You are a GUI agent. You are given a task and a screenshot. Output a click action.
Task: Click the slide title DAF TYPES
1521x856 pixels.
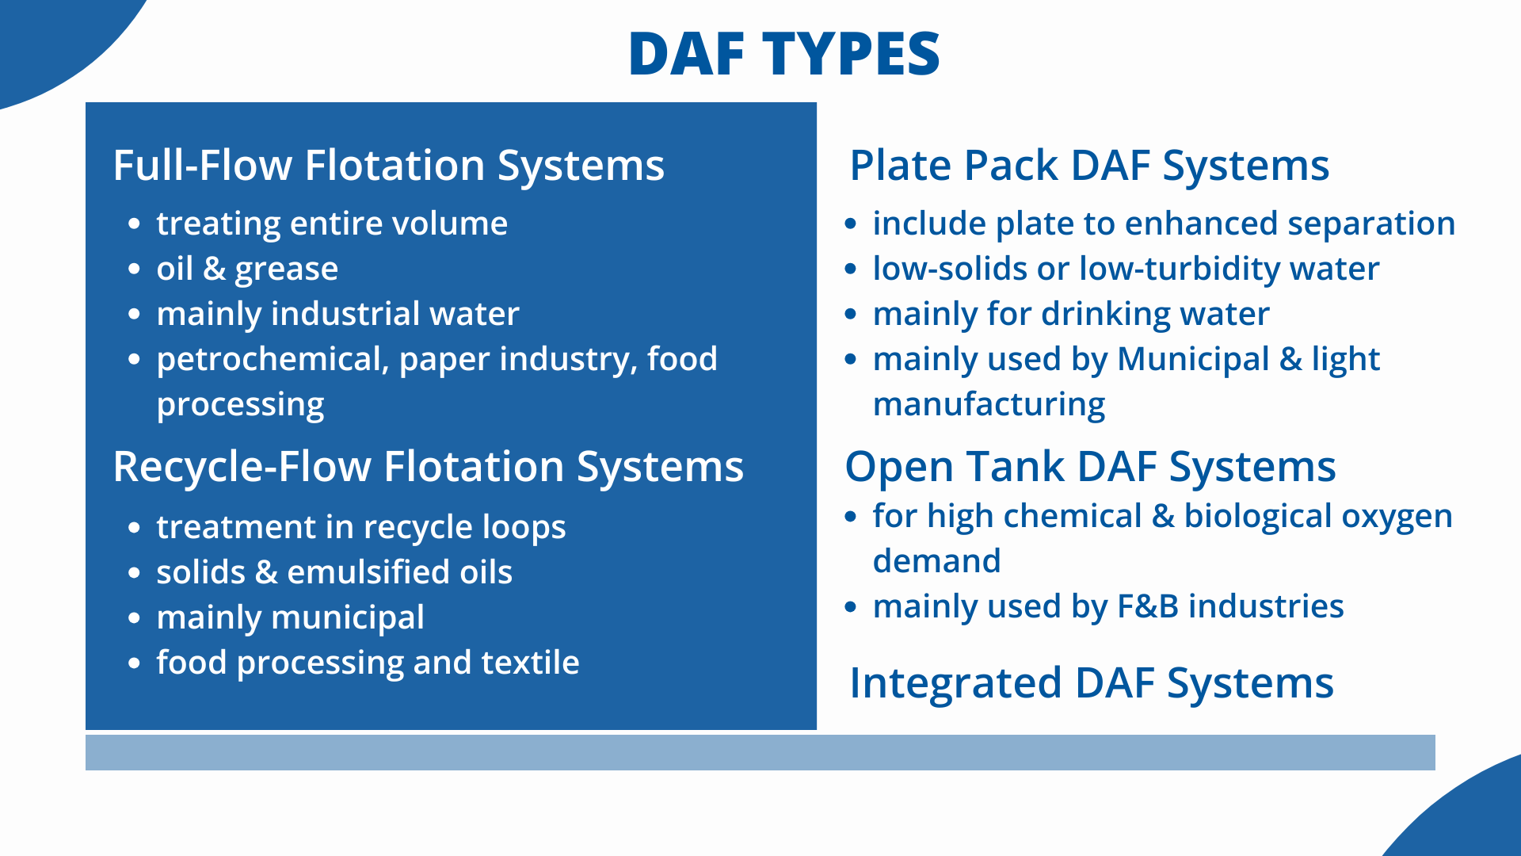pyautogui.click(x=783, y=54)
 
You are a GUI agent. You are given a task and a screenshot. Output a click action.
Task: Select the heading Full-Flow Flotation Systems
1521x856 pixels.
pyautogui.click(x=389, y=166)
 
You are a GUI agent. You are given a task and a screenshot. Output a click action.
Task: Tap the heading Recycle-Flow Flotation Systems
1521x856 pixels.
pyautogui.click(x=429, y=467)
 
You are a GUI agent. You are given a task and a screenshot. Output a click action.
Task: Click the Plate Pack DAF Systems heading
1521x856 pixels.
pyautogui.click(x=1089, y=166)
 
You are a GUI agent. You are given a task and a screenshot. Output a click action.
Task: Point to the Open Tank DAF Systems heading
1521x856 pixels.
pyautogui.click(x=1091, y=467)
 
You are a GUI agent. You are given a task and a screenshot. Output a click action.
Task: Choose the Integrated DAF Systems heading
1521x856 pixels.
pyautogui.click(x=1092, y=683)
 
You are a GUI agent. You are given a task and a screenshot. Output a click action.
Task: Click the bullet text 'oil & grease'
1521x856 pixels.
pyautogui.click(x=247, y=269)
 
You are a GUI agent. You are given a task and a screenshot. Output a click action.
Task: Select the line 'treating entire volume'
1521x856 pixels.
pyautogui.click(x=332, y=224)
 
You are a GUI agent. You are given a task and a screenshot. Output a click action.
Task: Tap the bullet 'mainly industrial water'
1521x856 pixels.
pyautogui.click(x=338, y=315)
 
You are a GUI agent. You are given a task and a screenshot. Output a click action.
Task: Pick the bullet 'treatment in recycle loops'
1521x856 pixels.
pyautogui.click(x=361, y=528)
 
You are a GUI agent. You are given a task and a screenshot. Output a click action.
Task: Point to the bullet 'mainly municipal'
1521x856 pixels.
pyautogui.click(x=291, y=618)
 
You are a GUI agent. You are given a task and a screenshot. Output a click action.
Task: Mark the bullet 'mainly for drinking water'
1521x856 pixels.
pyautogui.click(x=1071, y=315)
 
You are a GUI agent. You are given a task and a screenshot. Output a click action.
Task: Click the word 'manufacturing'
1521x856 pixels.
pyautogui.click(x=989, y=405)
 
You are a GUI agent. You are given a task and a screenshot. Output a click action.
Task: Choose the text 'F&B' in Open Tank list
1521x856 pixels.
pyautogui.click(x=1148, y=607)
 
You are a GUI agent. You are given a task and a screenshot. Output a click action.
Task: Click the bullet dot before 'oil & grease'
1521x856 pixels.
pyautogui.click(x=134, y=269)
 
